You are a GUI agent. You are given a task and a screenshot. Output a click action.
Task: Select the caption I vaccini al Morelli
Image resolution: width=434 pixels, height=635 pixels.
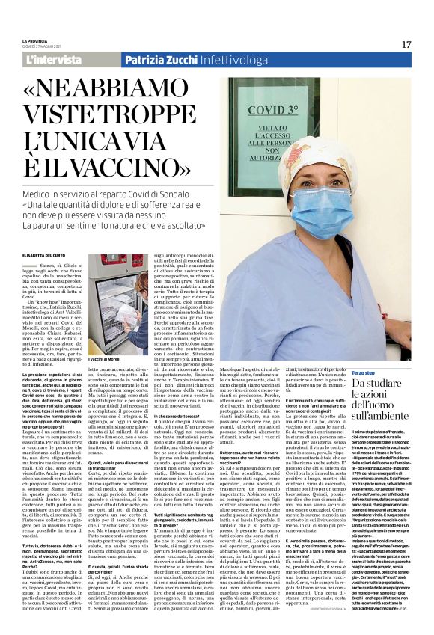pyautogui.click(x=106, y=361)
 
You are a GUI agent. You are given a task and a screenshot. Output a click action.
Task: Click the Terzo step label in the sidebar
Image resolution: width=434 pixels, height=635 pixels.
pyautogui.click(x=364, y=372)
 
